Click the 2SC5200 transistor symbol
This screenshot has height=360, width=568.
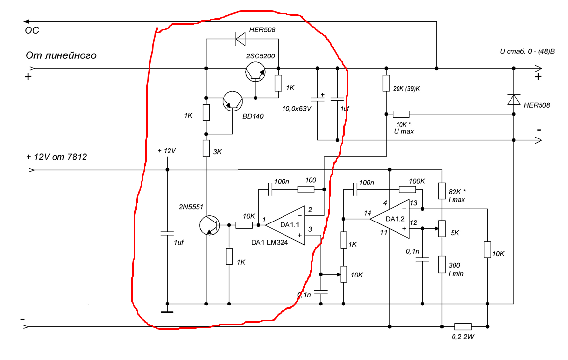(256, 71)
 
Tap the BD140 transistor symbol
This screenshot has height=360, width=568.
(232, 101)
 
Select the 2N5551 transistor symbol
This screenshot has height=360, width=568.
(210, 225)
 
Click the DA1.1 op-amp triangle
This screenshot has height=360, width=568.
(285, 225)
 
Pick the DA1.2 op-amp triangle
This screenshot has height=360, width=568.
(390, 219)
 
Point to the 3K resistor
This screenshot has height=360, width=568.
(206, 148)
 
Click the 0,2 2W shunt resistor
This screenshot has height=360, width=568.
(463, 326)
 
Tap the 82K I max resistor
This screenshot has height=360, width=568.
(442, 191)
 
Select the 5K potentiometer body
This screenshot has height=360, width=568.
(442, 228)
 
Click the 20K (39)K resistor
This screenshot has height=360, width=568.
(386, 83)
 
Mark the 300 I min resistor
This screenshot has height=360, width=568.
(442, 264)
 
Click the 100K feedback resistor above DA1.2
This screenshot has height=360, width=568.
(407, 189)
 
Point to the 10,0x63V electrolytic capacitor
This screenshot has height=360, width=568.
(318, 98)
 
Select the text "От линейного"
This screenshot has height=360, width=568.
(61, 55)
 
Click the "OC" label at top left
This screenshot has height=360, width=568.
(32, 30)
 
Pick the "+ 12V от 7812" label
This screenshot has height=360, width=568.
(57, 157)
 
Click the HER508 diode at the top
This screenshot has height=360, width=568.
(240, 39)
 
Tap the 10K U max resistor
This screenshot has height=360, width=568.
(401, 114)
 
